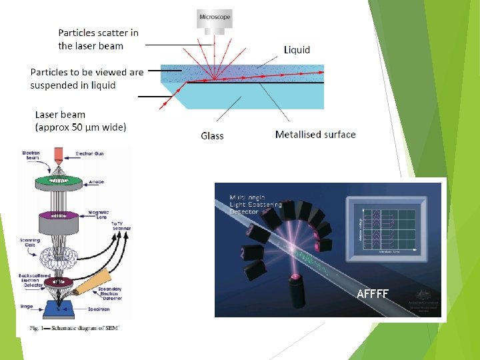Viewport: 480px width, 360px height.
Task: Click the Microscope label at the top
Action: click(215, 15)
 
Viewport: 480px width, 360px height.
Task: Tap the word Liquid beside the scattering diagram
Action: click(297, 49)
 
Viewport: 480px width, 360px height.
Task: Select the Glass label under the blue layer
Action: click(212, 136)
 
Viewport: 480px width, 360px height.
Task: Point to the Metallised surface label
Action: click(315, 135)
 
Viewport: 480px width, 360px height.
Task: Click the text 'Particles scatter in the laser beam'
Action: click(98, 39)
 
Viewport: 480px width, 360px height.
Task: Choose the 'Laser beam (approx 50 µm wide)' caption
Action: click(80, 121)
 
